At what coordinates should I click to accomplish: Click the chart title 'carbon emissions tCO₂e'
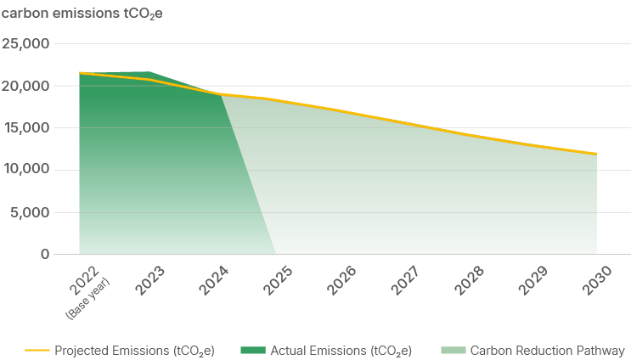click(x=69, y=12)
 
